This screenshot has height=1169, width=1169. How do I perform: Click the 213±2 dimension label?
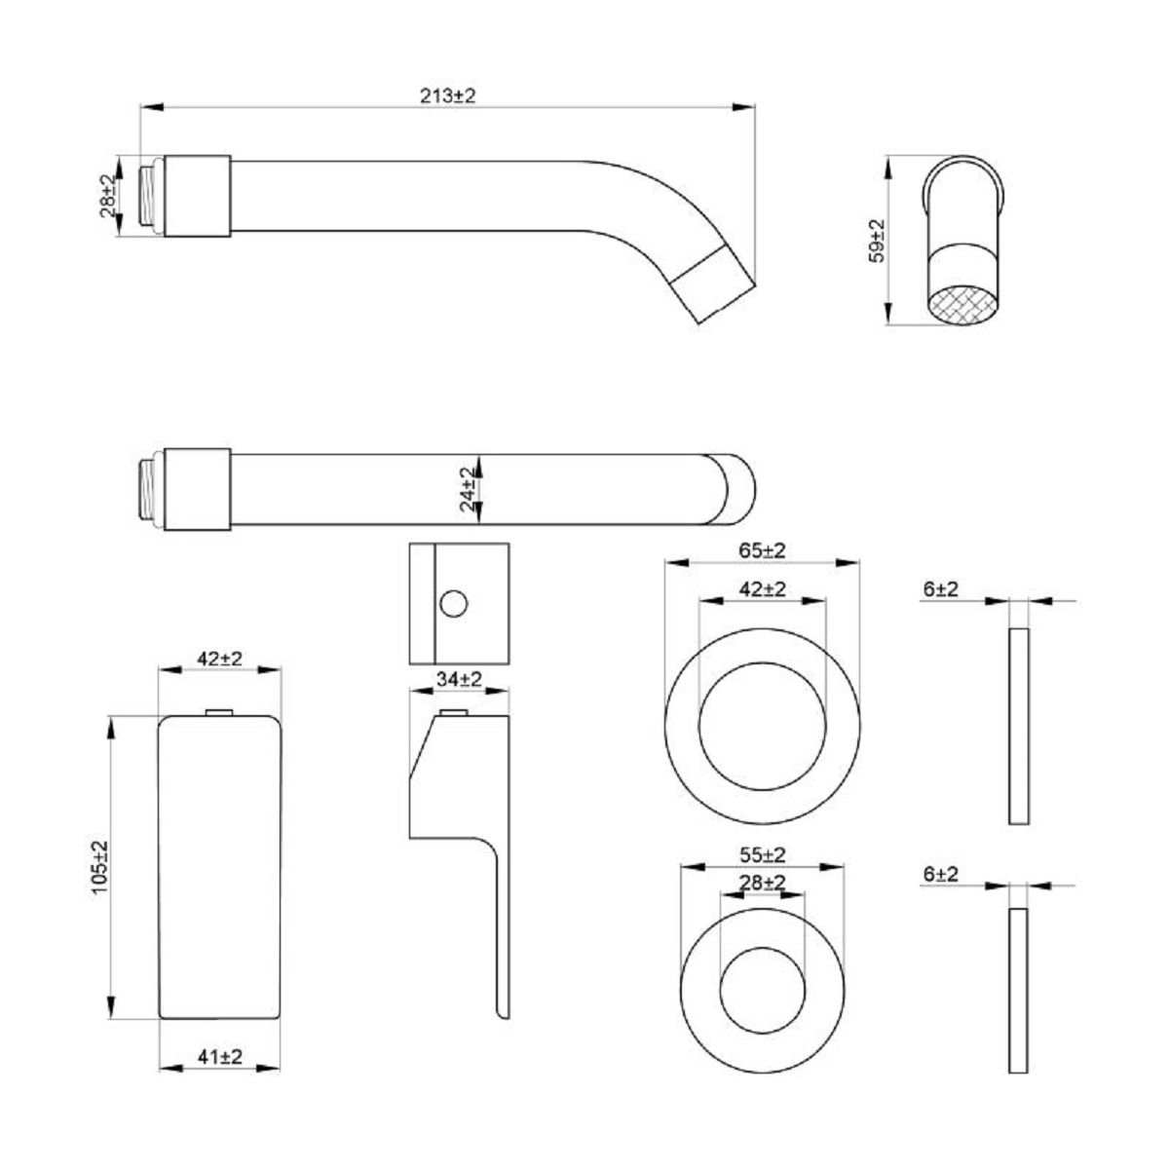tap(448, 95)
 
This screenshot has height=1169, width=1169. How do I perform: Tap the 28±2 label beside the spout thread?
tap(107, 195)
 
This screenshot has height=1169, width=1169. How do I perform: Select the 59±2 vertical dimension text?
tap(876, 240)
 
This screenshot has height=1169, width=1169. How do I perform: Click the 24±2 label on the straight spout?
tap(469, 489)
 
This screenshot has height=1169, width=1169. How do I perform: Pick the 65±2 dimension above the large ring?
tap(762, 550)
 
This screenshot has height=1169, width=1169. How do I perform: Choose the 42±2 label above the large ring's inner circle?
tap(762, 589)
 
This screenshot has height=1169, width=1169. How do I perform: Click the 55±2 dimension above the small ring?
tap(762, 854)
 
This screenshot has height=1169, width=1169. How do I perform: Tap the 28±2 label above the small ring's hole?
tap(762, 882)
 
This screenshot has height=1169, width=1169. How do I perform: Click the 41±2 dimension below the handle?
tap(219, 1056)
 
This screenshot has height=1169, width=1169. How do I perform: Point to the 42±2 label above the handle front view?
tap(219, 658)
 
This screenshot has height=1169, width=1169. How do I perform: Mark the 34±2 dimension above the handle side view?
tap(458, 679)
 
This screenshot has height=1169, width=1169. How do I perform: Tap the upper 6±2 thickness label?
tap(940, 588)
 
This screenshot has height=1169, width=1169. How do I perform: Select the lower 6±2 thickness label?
tap(940, 874)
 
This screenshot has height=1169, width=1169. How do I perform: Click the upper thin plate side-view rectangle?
tap(1018, 727)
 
